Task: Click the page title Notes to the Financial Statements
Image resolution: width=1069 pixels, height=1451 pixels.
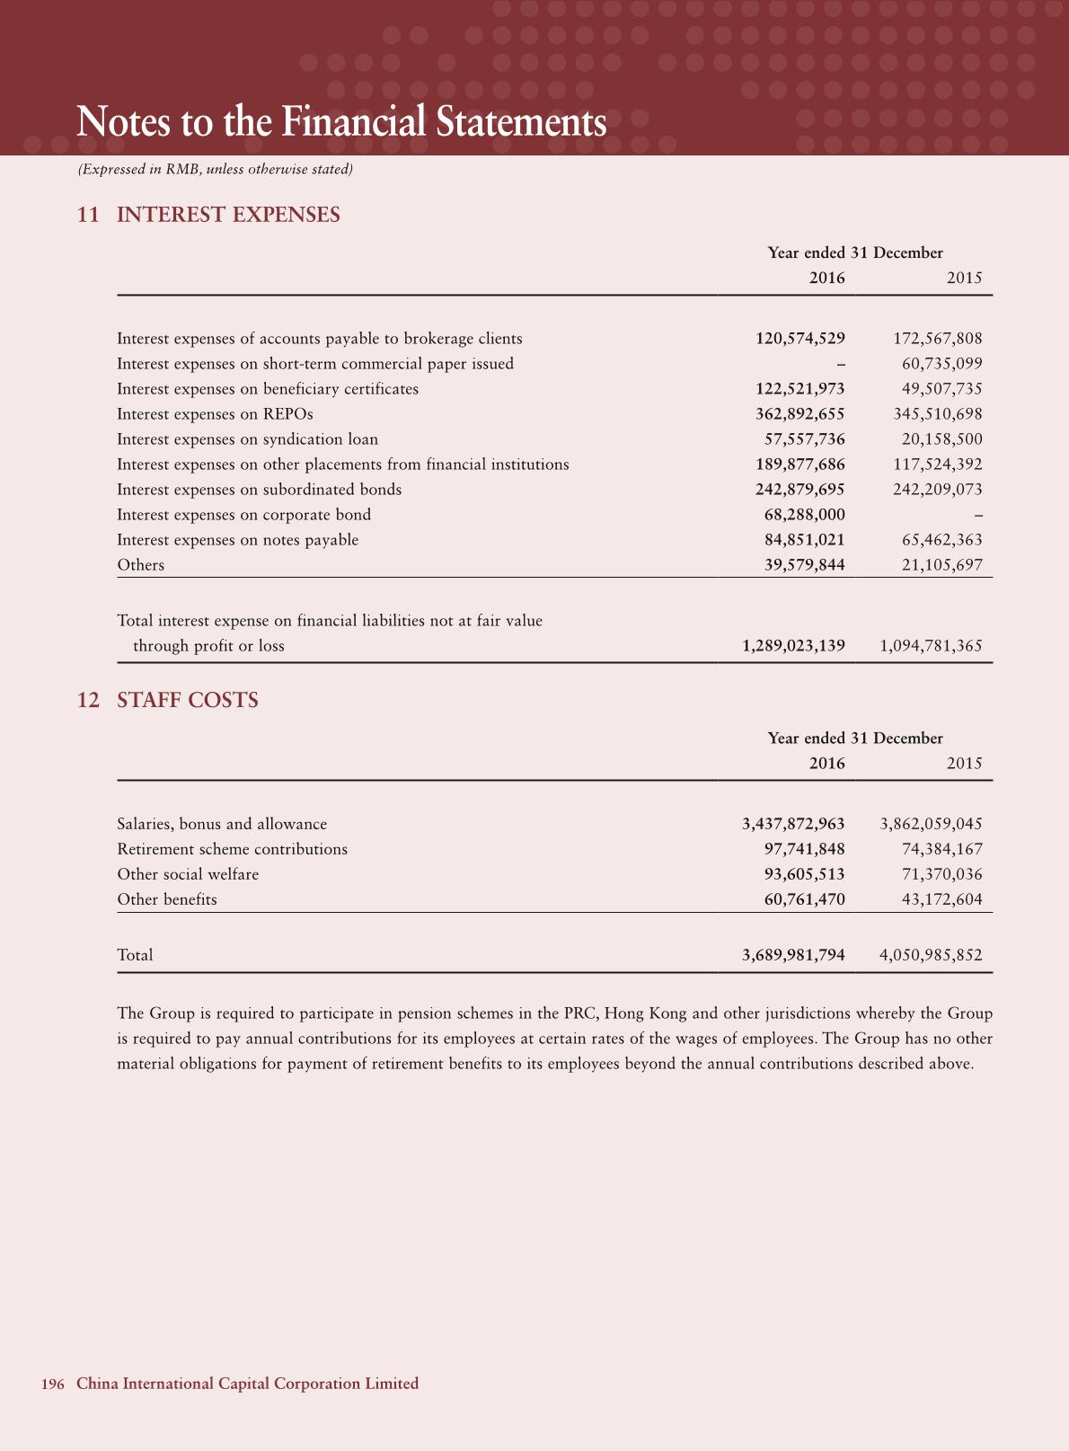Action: [341, 122]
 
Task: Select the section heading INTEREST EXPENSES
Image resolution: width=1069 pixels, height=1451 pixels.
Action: [228, 215]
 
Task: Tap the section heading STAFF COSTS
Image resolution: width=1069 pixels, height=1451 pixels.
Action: [187, 700]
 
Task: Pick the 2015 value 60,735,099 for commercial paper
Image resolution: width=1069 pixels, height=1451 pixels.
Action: [941, 364]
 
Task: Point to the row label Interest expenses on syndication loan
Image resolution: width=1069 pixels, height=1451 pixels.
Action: [247, 439]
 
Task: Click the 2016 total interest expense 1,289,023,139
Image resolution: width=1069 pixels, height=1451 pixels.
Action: [793, 646]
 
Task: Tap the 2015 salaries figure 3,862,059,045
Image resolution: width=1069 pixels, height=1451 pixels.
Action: [931, 824]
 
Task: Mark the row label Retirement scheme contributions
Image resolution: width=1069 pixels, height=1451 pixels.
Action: [232, 849]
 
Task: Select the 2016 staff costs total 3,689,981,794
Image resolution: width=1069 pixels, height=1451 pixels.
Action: [793, 955]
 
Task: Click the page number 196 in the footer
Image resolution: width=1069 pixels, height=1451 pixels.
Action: [53, 1384]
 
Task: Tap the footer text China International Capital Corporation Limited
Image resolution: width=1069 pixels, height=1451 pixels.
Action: [247, 1384]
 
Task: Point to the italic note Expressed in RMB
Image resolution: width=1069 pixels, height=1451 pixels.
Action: [215, 169]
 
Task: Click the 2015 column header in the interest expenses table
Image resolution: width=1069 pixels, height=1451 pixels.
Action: [964, 278]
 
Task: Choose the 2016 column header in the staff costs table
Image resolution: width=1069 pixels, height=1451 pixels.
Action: [826, 763]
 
